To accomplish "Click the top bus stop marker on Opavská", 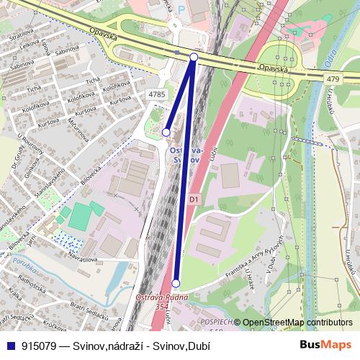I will [x=194, y=56].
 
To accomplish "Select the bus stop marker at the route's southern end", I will [x=176, y=283].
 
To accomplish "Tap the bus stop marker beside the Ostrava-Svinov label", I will [x=166, y=132].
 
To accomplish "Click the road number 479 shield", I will [x=331, y=77].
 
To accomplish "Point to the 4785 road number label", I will [x=157, y=94].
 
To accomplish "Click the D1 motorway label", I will [x=193, y=199].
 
